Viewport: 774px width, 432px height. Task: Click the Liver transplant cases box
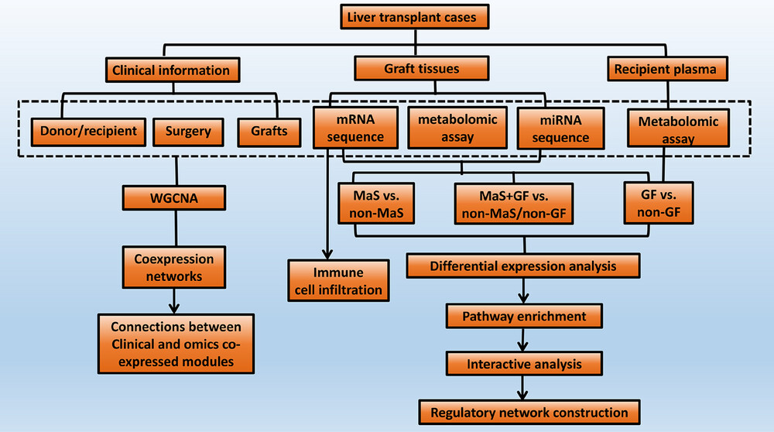(415, 17)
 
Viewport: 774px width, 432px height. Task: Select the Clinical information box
(173, 70)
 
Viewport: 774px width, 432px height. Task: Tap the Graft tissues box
(422, 68)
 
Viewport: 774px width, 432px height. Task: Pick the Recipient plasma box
(667, 69)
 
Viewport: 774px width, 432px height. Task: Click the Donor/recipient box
(88, 132)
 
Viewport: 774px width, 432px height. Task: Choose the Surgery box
(188, 132)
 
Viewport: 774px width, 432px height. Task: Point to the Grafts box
(269, 132)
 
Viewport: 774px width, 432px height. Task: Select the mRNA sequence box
(355, 128)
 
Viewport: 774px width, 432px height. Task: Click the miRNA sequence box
(560, 129)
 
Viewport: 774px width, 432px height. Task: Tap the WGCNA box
(174, 198)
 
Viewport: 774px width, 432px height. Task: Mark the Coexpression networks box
(174, 267)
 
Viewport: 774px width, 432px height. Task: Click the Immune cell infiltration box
(339, 280)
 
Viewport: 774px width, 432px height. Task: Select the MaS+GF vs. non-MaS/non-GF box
(514, 204)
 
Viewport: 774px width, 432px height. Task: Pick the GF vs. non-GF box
(659, 203)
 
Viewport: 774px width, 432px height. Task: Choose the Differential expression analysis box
(523, 266)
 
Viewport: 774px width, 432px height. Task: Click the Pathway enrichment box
(524, 316)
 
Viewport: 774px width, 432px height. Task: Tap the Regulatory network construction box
(529, 412)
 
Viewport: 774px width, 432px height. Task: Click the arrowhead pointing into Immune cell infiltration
(327, 255)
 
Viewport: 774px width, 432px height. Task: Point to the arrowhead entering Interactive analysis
(523, 346)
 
